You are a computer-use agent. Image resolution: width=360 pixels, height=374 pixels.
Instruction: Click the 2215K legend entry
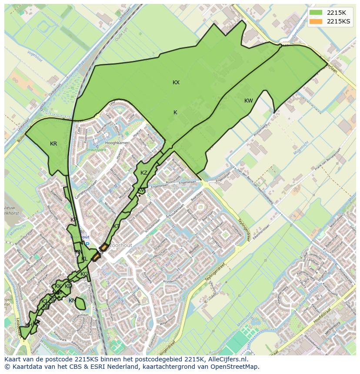[336, 13]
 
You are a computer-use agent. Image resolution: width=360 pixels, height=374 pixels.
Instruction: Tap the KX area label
[176, 83]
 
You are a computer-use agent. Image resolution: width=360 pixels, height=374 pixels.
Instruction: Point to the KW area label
[248, 101]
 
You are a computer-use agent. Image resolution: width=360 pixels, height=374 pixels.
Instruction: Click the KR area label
[53, 144]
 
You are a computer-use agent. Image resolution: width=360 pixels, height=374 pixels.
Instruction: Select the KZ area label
[144, 173]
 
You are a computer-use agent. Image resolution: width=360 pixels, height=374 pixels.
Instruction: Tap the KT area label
[116, 226]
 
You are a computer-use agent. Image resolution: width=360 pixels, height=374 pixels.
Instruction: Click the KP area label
[73, 220]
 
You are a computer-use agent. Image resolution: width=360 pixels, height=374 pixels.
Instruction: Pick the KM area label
[72, 301]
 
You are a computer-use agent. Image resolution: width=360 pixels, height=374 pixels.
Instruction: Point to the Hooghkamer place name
[117, 143]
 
